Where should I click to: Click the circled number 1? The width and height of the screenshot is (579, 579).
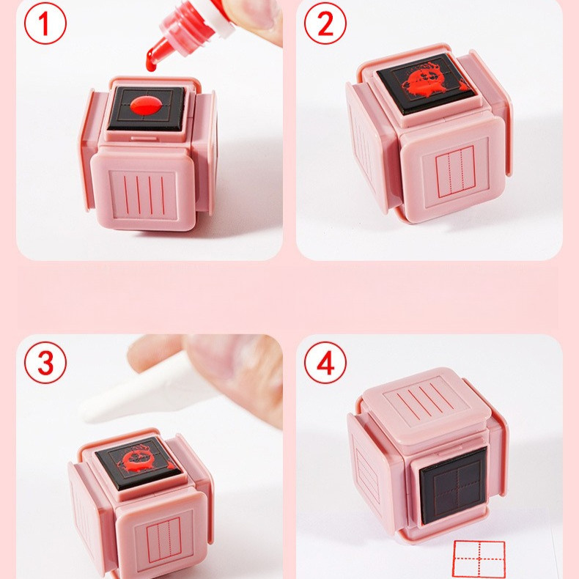(x=45, y=23)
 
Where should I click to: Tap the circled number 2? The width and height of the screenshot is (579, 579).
(x=325, y=23)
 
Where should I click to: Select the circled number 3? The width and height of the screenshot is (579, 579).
(x=45, y=363)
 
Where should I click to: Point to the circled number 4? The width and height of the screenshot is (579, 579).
(x=325, y=363)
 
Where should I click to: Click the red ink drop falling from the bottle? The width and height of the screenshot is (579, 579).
(x=151, y=63)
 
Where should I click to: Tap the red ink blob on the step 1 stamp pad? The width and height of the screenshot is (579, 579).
(x=146, y=105)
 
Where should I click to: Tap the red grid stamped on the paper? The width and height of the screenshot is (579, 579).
(x=479, y=559)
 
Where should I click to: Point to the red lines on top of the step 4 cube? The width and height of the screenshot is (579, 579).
(x=424, y=400)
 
